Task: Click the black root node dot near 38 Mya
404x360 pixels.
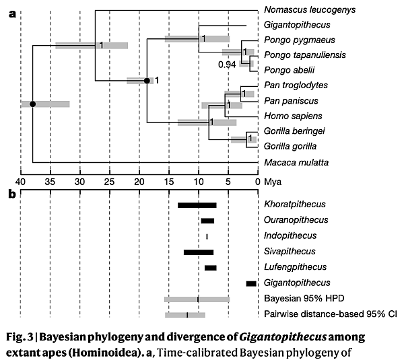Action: click(32, 104)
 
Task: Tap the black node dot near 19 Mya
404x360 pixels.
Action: click(147, 81)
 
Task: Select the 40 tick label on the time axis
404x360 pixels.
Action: click(21, 180)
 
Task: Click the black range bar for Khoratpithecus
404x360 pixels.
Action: click(197, 205)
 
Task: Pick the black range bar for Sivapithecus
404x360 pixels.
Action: click(198, 252)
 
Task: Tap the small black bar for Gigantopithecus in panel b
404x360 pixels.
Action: click(251, 283)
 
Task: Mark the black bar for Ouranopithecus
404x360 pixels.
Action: click(207, 221)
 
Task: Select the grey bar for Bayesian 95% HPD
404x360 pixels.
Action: click(197, 299)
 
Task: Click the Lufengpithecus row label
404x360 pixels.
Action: click(294, 267)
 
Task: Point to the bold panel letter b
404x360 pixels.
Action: click(12, 194)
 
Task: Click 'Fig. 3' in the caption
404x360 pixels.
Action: click(22, 334)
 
